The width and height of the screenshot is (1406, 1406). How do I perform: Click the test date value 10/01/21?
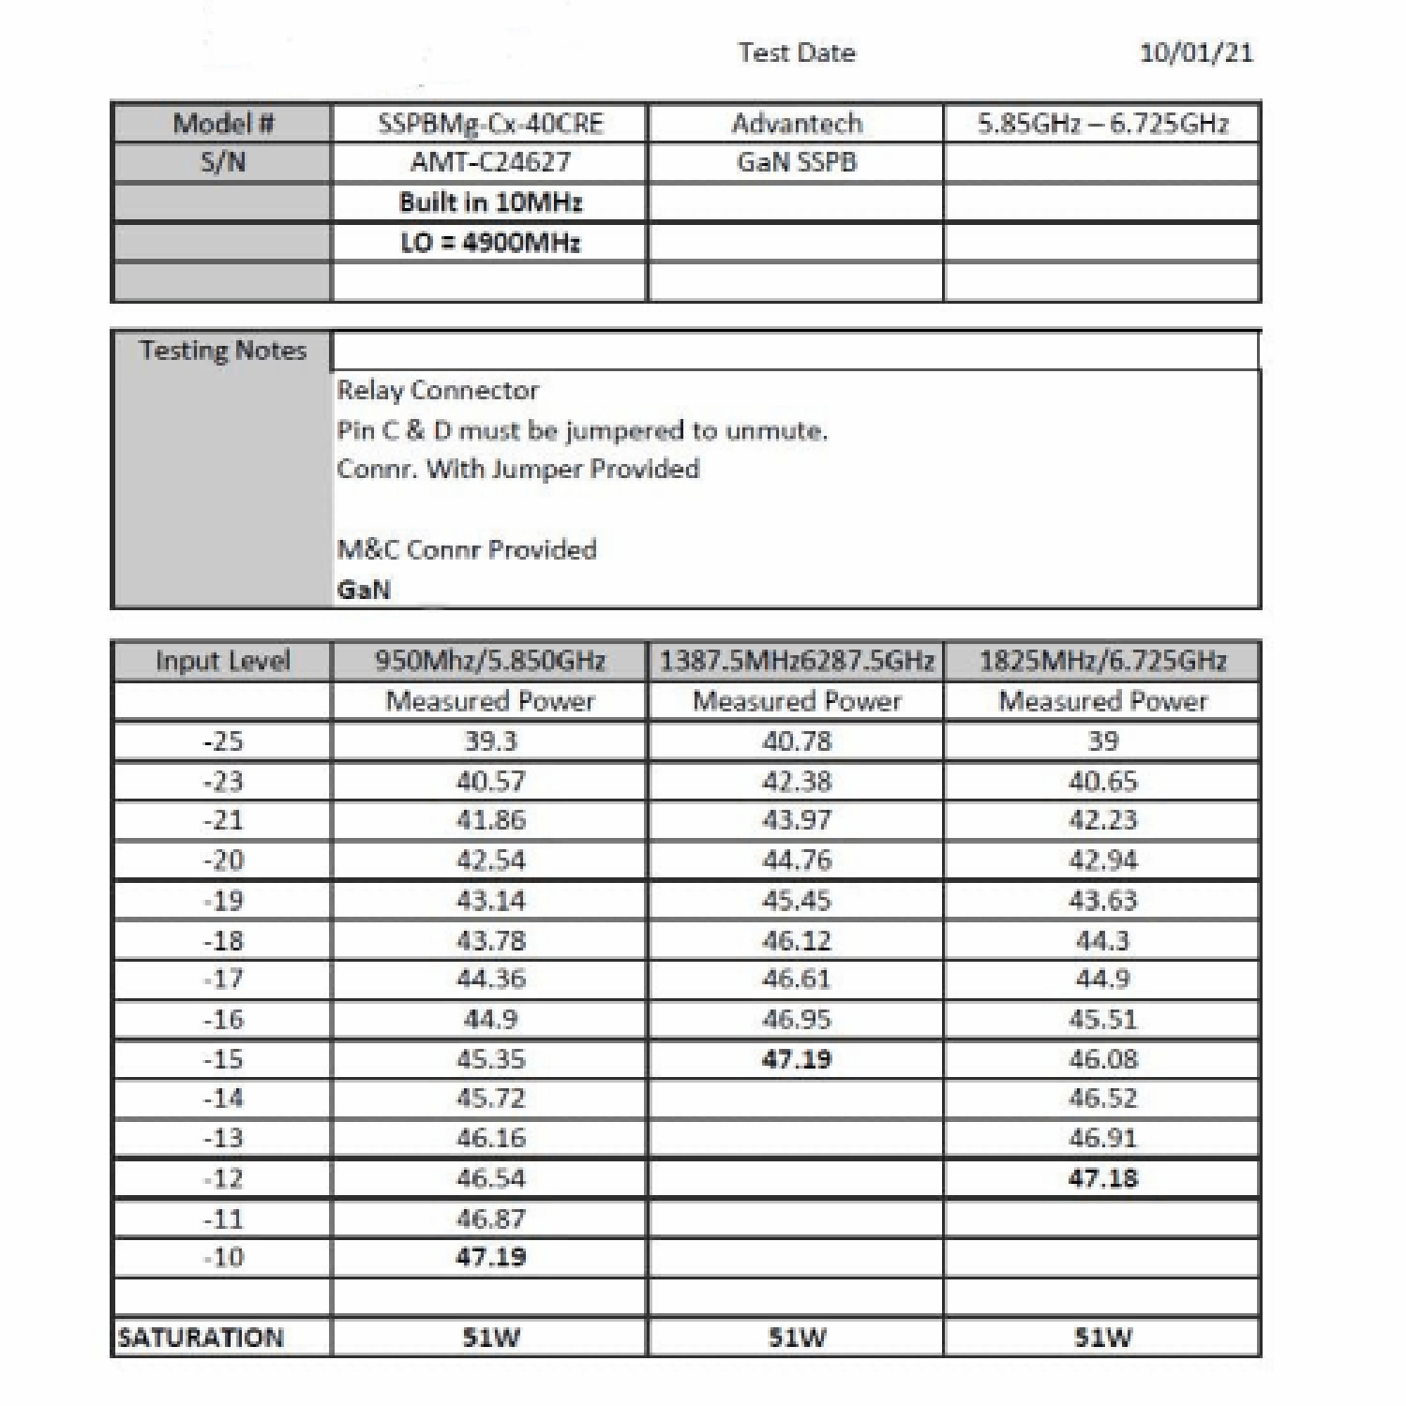pos(1195,52)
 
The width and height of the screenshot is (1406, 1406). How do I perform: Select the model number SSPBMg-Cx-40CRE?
pos(490,124)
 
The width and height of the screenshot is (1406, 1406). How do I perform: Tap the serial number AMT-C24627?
pos(490,162)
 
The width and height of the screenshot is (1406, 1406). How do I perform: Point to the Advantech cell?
pos(796,124)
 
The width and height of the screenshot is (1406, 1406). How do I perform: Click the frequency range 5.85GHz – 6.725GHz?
pos(1102,124)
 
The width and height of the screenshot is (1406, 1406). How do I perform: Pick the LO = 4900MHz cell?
pos(490,243)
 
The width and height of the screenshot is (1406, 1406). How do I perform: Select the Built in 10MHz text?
pos(490,202)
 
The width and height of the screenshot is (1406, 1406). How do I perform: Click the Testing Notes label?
pos(223,351)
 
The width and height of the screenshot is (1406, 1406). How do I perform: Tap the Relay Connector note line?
pos(438,390)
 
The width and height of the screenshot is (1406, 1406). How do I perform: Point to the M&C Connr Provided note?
pos(467,549)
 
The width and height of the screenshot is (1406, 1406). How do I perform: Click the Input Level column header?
pos(223,661)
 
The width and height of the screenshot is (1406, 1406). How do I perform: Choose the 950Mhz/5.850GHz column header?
pos(490,661)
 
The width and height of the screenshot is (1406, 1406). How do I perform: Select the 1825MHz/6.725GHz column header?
pos(1102,661)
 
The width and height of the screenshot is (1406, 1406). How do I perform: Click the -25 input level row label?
pos(223,741)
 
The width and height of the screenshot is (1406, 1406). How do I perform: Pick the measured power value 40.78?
pos(796,741)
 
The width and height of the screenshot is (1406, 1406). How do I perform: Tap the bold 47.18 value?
pos(1102,1178)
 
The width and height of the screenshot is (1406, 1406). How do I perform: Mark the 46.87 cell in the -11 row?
pos(490,1219)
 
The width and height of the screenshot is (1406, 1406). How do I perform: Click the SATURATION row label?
pos(201,1338)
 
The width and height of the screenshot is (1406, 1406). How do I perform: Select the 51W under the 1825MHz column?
pos(1102,1338)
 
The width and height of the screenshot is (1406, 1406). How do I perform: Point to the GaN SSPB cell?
pos(796,162)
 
